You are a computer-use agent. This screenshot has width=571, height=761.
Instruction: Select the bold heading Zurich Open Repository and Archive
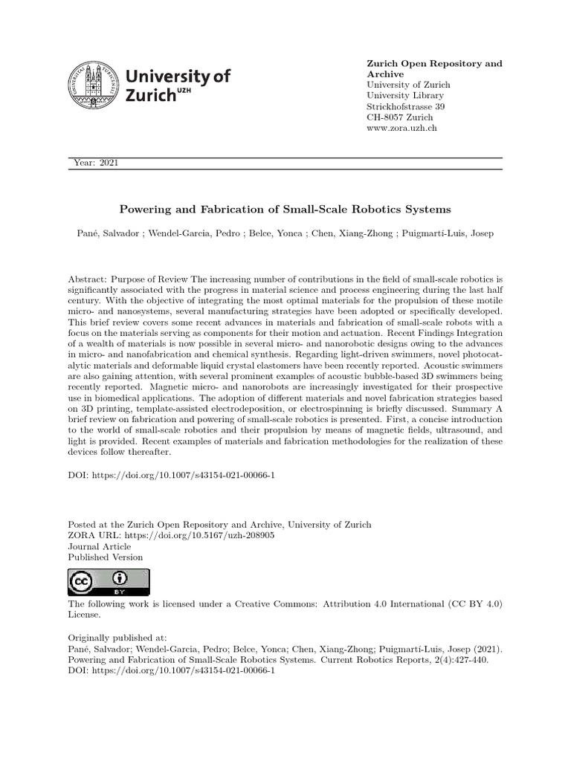(434, 68)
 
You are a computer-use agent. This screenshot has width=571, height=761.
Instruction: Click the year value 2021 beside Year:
(108, 163)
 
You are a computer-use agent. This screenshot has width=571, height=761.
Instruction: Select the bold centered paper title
(285, 210)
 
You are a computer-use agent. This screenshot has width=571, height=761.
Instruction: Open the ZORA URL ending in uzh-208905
(194, 534)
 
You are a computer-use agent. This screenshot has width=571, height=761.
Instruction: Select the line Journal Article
(100, 545)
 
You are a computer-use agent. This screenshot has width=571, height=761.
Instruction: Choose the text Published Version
(106, 557)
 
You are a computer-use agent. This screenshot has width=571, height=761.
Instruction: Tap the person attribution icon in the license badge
(120, 578)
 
